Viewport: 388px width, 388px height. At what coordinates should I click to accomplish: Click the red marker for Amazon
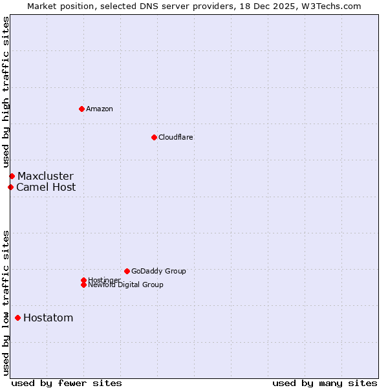click(81, 109)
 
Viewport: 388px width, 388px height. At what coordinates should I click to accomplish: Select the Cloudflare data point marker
click(154, 137)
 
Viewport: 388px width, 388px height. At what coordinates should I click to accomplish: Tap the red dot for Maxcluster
click(12, 176)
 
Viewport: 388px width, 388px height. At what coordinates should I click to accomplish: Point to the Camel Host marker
click(10, 187)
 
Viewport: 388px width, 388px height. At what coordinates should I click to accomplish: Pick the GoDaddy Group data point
click(127, 271)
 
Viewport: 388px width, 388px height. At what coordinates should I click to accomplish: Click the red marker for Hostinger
click(83, 280)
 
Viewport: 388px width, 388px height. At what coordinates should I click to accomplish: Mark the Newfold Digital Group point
click(83, 285)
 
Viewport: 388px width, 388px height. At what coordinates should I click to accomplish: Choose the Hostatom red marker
click(17, 318)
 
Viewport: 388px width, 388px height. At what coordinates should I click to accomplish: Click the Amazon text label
click(100, 109)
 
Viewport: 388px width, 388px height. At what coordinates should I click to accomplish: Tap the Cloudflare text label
click(176, 137)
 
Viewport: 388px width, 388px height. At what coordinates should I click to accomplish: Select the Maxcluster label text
click(45, 176)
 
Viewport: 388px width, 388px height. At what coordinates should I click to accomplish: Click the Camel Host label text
click(46, 188)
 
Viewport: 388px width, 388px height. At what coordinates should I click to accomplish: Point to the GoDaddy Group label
click(158, 271)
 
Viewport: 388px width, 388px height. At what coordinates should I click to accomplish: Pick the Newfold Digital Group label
click(126, 285)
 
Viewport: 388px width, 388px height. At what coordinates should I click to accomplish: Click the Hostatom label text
click(48, 318)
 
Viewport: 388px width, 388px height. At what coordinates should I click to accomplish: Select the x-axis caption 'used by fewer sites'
click(67, 383)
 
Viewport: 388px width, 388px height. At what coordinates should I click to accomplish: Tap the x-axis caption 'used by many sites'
click(325, 383)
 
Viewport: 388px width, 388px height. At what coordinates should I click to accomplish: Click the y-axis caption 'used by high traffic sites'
click(6, 92)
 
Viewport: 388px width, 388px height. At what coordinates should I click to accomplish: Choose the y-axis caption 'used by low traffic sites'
click(6, 303)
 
